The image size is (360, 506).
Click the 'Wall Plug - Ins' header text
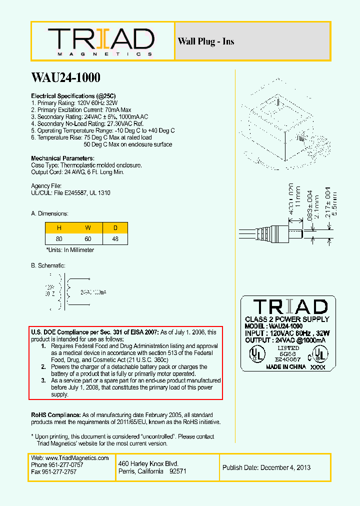pos(205,41)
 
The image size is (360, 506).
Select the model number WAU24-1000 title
pos(65,77)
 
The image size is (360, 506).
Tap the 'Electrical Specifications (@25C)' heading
pos(74,95)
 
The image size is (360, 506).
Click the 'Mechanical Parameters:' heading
pos(62,158)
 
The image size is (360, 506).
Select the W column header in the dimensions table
pos(88,228)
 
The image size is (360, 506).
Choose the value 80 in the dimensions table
pos(59,239)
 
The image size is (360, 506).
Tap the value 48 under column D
pos(115,239)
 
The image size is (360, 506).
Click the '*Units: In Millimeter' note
pos(70,249)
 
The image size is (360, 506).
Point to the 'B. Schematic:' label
pos(48,265)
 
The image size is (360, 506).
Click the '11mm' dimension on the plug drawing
pos(298,198)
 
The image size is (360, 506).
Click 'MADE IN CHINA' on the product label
pos(286,366)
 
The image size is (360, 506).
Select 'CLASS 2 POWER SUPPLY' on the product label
pos(287,319)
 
